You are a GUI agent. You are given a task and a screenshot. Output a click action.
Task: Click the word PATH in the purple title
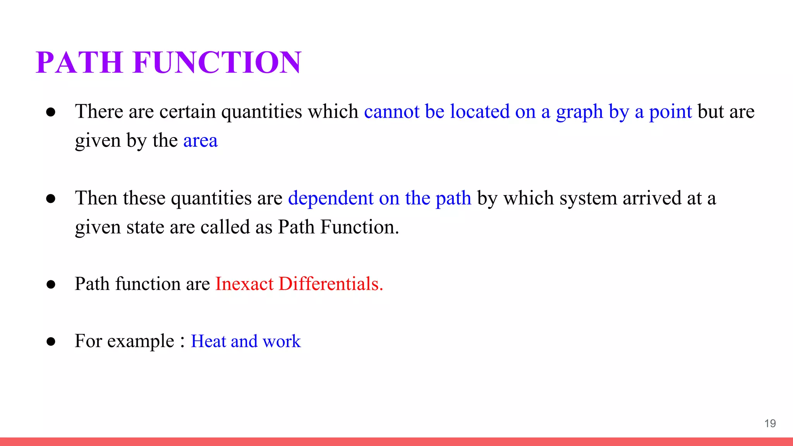(x=79, y=62)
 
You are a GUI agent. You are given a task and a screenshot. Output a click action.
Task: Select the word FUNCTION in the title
(x=217, y=62)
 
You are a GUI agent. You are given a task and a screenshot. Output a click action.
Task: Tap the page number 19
(x=770, y=423)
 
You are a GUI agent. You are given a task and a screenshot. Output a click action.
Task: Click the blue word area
(x=200, y=141)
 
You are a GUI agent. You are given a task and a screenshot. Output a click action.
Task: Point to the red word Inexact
(x=244, y=284)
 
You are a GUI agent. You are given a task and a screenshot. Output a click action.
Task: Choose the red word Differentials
(x=331, y=284)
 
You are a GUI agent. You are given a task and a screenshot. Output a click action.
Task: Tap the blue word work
(x=281, y=341)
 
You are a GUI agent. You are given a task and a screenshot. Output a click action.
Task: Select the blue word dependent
(x=331, y=198)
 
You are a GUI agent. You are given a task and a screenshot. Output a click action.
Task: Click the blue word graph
(x=579, y=112)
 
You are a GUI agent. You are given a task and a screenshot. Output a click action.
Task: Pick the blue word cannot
(x=391, y=111)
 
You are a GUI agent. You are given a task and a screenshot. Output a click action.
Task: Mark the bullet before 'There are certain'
(x=51, y=112)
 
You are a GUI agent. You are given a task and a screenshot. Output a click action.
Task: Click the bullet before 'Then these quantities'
(x=51, y=199)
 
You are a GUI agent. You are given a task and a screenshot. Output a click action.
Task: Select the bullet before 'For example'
(x=51, y=341)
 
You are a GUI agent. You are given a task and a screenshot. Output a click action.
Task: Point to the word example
(x=141, y=341)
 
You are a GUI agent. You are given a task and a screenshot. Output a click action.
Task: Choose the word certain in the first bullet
(x=187, y=111)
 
